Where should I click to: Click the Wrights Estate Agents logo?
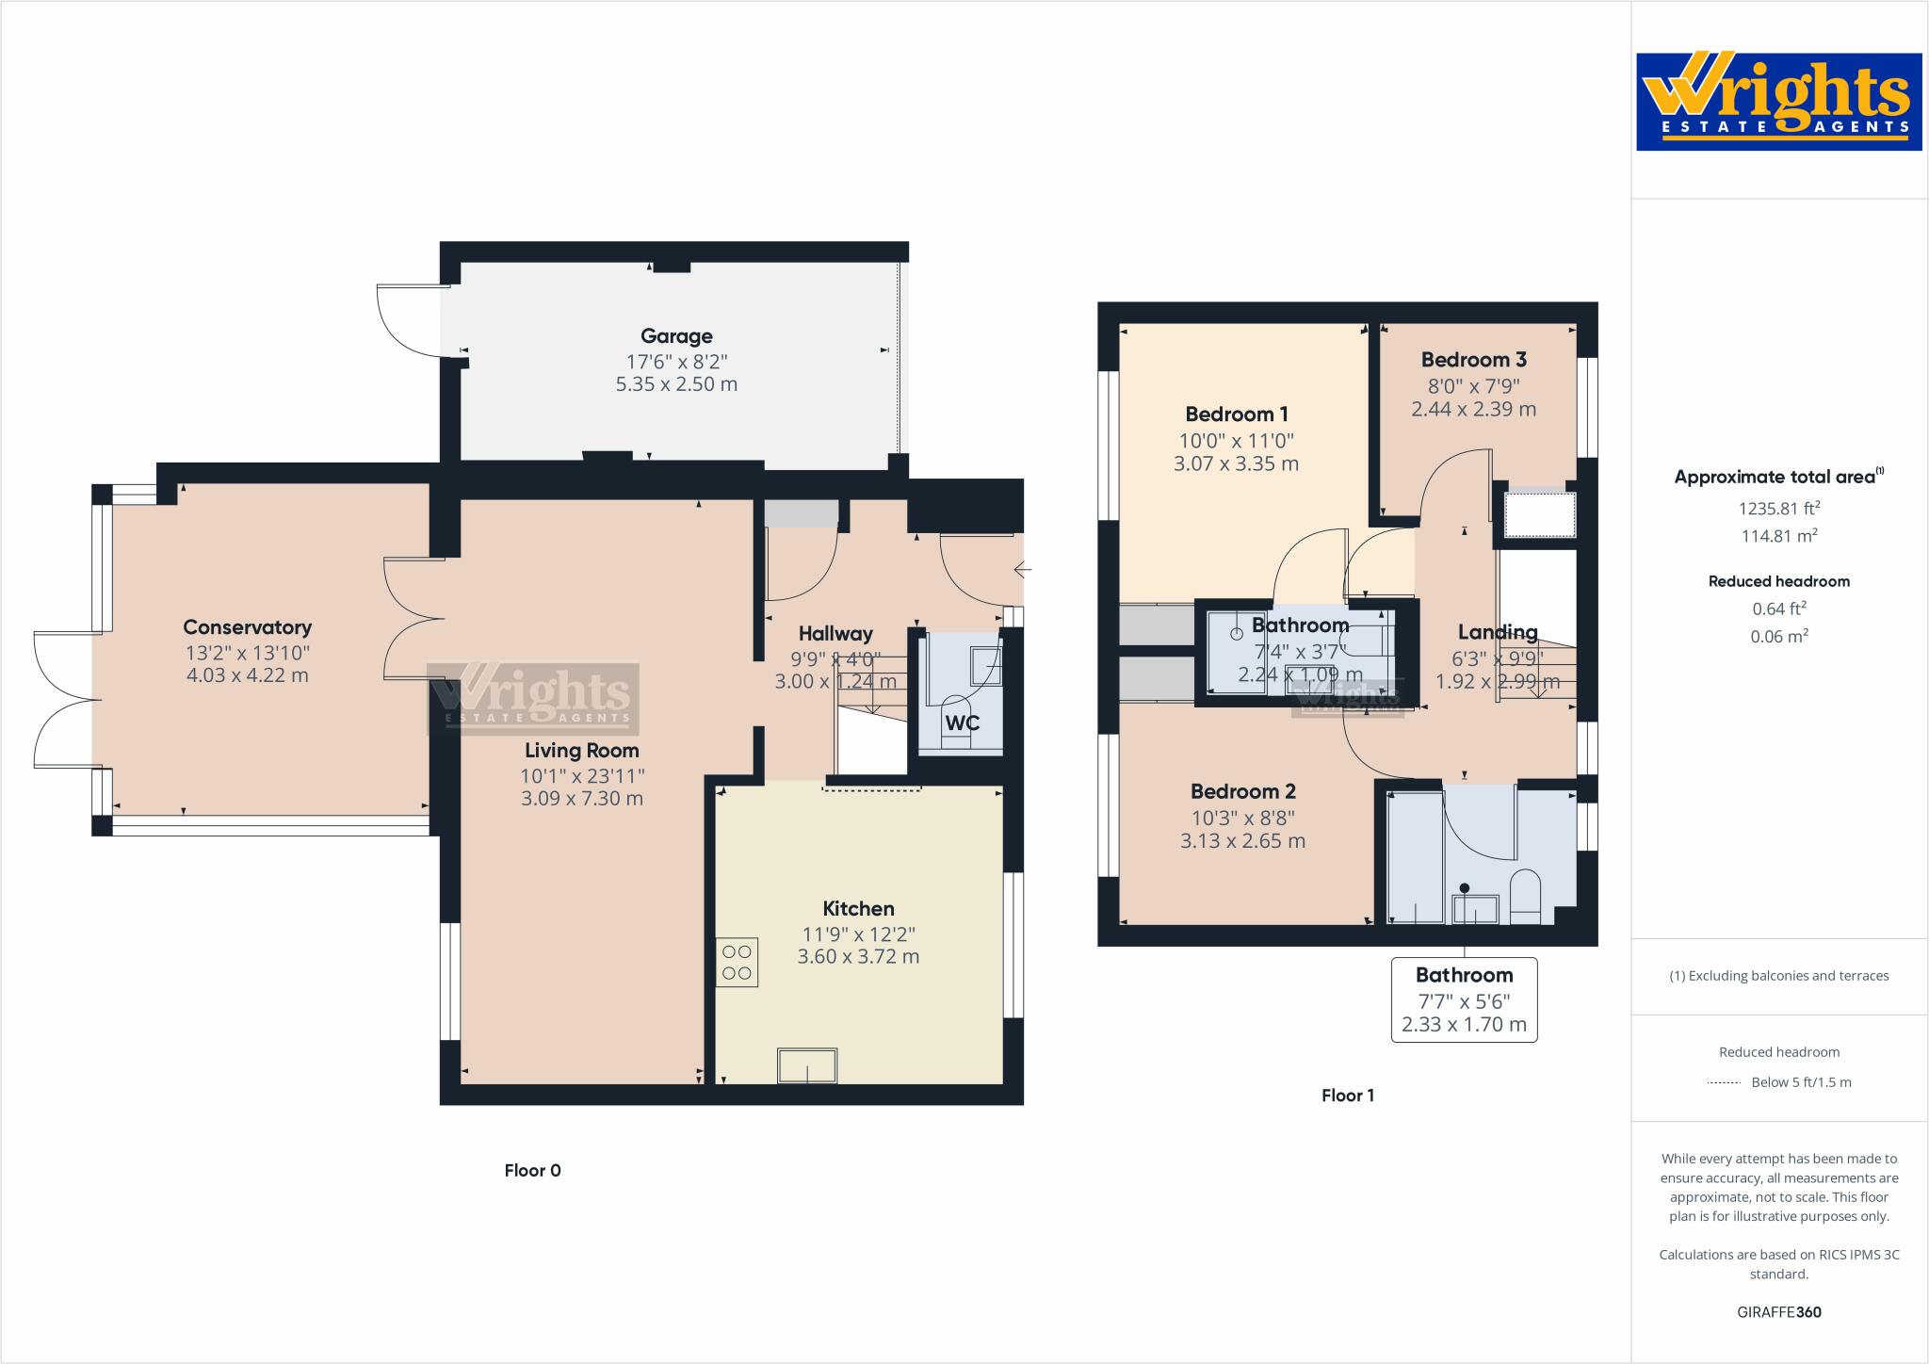point(1778,102)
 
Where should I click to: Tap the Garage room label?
point(676,336)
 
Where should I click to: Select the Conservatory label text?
point(247,627)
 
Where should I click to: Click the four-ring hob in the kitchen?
point(737,962)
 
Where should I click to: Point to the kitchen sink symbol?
point(807,1066)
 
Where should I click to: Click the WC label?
point(962,723)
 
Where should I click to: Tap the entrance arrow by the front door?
point(1023,570)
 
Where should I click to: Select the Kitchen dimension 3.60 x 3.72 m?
point(858,957)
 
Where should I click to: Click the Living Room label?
point(582,751)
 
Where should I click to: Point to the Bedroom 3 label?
point(1473,360)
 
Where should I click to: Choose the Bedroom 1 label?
point(1237,414)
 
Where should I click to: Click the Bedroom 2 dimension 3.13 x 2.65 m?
point(1242,841)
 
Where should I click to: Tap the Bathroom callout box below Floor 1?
point(1464,999)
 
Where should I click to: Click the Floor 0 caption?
point(532,1171)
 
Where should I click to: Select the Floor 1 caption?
point(1348,1096)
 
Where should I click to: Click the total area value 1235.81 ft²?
point(1778,509)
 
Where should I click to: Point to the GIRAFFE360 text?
point(1778,1312)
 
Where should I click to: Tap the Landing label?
point(1498,632)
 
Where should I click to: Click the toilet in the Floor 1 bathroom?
point(1525,896)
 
